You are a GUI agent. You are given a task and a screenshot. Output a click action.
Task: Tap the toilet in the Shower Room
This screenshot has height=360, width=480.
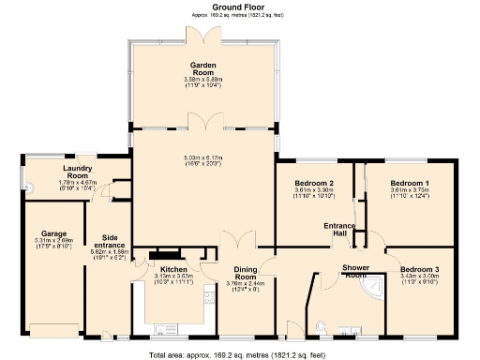click(322, 326)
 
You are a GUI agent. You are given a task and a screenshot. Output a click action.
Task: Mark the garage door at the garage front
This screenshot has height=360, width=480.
click(52, 330)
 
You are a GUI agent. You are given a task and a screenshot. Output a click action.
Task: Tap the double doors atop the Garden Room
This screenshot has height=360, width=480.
click(203, 34)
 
